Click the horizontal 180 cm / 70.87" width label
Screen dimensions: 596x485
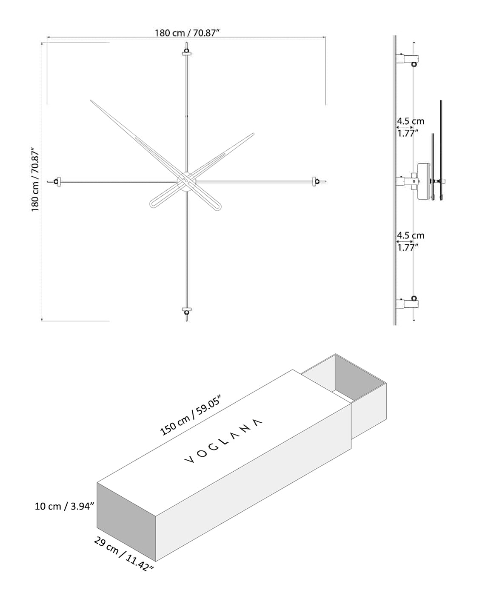[x=187, y=33]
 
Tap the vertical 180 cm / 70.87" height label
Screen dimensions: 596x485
[x=35, y=179]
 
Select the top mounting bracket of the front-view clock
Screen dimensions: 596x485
[x=186, y=52]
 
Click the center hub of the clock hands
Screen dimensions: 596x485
[x=186, y=182]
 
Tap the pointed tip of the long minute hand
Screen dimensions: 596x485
[x=91, y=101]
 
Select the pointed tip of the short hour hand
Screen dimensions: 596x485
[x=253, y=134]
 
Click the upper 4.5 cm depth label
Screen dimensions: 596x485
[x=411, y=122]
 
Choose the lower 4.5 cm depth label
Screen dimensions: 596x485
[x=411, y=235]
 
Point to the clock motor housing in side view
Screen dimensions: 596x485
[x=424, y=181]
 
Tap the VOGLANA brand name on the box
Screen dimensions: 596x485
[x=224, y=441]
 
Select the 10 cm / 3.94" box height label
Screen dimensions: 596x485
[x=64, y=506]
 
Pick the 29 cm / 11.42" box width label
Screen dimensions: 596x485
[x=123, y=553]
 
